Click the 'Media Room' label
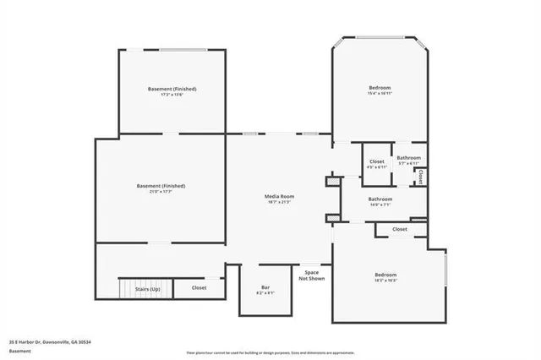[280, 196]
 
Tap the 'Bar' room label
[265, 287]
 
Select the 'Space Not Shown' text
[311, 275]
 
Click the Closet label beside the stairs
[199, 287]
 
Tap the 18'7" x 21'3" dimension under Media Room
[280, 203]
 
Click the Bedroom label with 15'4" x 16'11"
[380, 88]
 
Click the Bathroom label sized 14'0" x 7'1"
[380, 199]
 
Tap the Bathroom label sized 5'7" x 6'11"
[409, 157]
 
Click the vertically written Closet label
[420, 177]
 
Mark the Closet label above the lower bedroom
[399, 229]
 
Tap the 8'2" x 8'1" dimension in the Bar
[265, 293]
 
